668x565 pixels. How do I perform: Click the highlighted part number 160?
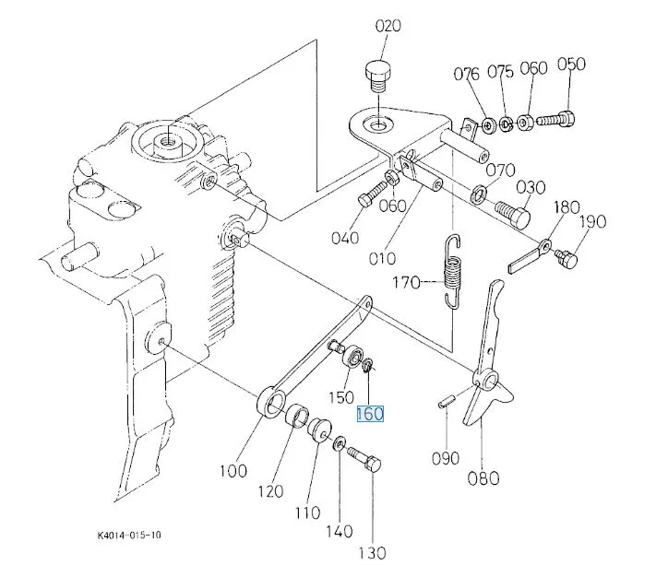point(370,414)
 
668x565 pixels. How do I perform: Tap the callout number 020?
point(388,26)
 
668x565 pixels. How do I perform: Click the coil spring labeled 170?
point(452,271)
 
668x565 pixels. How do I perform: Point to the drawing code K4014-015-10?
point(129,535)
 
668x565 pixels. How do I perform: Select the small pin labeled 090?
point(447,401)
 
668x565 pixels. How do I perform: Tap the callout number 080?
point(483,478)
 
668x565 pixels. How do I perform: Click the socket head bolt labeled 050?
point(555,118)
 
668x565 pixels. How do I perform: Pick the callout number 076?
point(467,74)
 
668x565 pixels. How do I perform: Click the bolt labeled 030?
point(513,214)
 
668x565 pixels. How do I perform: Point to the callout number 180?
point(567,207)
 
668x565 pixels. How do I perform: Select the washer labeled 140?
point(340,443)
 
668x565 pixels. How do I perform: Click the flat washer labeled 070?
point(479,194)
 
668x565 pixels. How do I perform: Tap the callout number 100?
point(233,471)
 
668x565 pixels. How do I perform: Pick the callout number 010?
point(382,258)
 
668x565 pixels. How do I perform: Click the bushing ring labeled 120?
point(297,417)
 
